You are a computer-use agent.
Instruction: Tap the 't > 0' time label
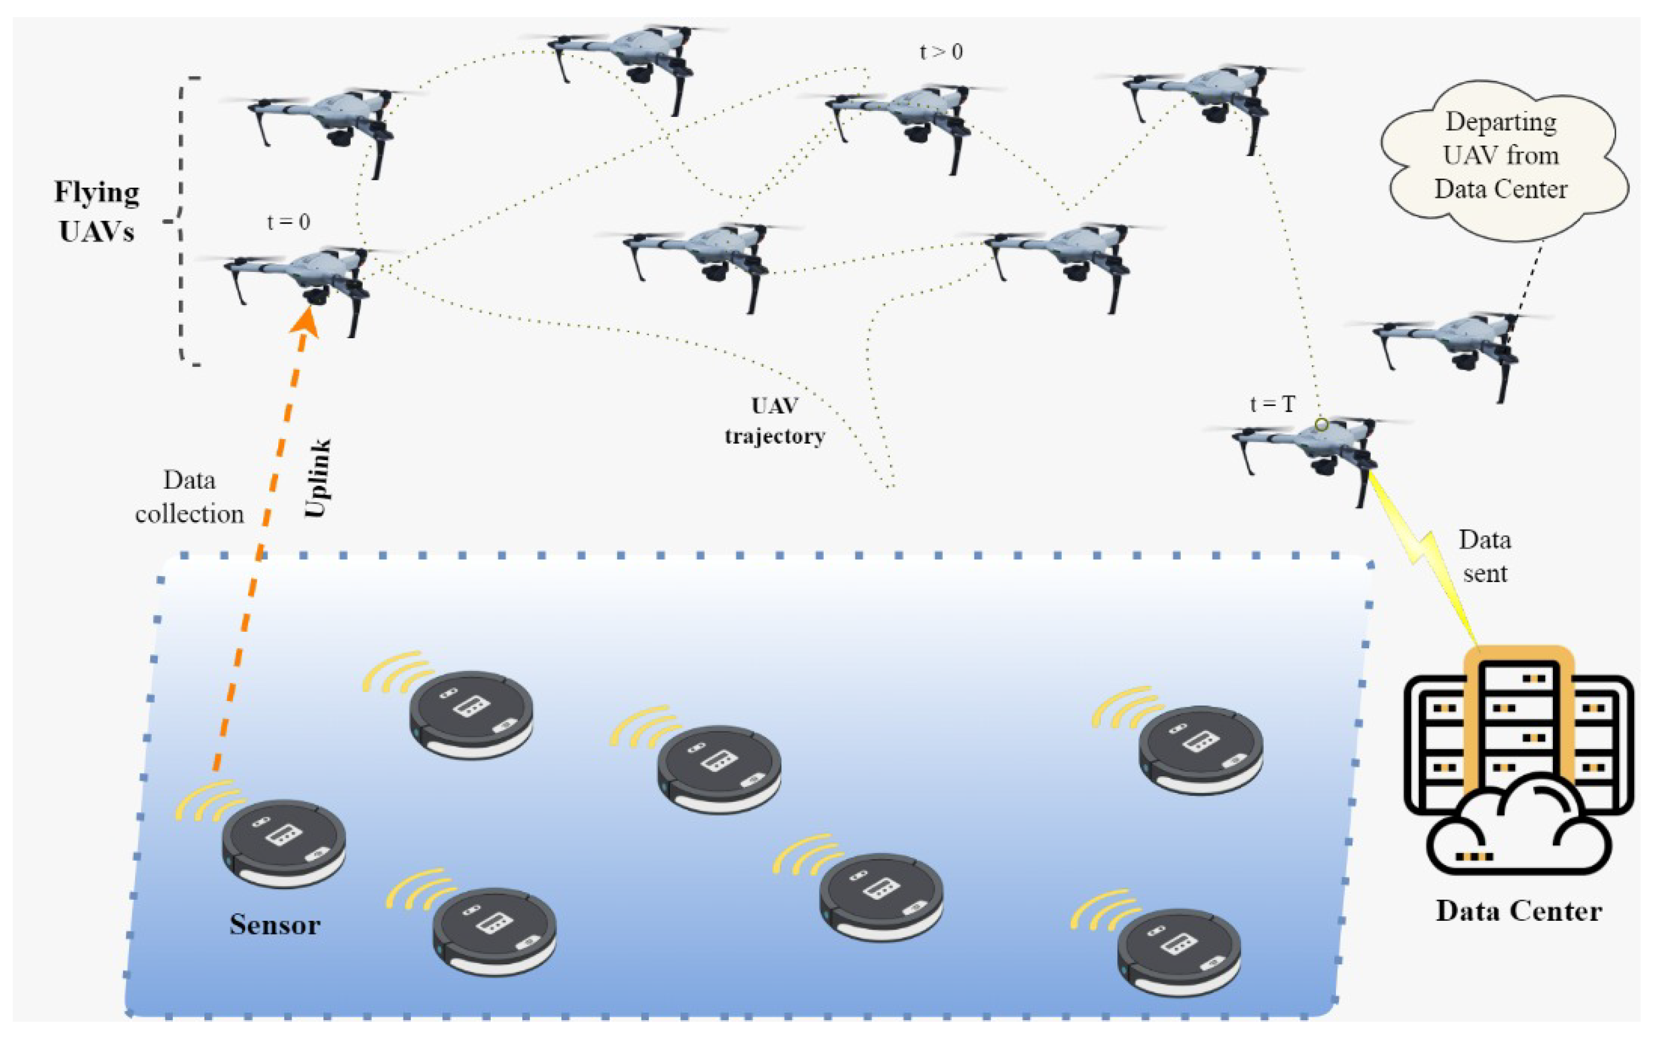pyautogui.click(x=941, y=52)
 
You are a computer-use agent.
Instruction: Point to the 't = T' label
pyautogui.click(x=1272, y=404)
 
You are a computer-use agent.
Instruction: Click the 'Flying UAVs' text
pyautogui.click(x=97, y=211)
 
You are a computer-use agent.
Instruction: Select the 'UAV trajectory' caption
pyautogui.click(x=775, y=421)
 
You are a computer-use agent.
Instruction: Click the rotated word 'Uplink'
pyautogui.click(x=318, y=478)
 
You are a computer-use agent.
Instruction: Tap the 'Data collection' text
pyautogui.click(x=189, y=497)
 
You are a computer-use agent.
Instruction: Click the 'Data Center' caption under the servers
pyautogui.click(x=1518, y=911)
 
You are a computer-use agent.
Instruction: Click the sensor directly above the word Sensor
pyautogui.click(x=284, y=842)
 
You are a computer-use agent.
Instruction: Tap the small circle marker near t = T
pyautogui.click(x=1322, y=425)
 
